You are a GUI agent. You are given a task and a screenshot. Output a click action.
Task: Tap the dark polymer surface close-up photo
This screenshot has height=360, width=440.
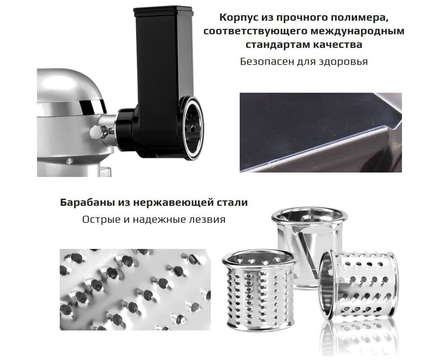click(x=321, y=132)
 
